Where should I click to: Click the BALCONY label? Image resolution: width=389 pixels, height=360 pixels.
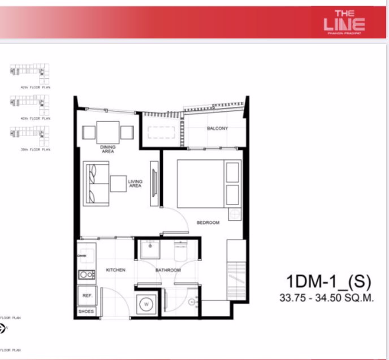(x=217, y=129)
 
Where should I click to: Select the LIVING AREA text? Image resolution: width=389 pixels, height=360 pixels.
(x=135, y=183)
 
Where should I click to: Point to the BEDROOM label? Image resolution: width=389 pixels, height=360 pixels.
(x=208, y=223)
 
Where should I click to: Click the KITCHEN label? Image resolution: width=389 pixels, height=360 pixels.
(x=115, y=270)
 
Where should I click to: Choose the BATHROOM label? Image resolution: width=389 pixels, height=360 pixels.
(x=168, y=271)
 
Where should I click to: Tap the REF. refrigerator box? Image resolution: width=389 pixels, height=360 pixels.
(x=87, y=296)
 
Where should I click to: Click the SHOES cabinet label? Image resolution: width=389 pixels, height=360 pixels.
(x=87, y=311)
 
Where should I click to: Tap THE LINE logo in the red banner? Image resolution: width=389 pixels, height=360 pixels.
(x=344, y=21)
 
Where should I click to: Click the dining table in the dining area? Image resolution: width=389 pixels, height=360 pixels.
(x=108, y=132)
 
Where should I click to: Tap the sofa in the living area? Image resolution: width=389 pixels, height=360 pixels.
(x=94, y=183)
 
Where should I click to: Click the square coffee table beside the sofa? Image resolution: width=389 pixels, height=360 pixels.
(x=118, y=183)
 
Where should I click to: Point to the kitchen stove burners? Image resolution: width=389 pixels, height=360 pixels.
(x=87, y=275)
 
